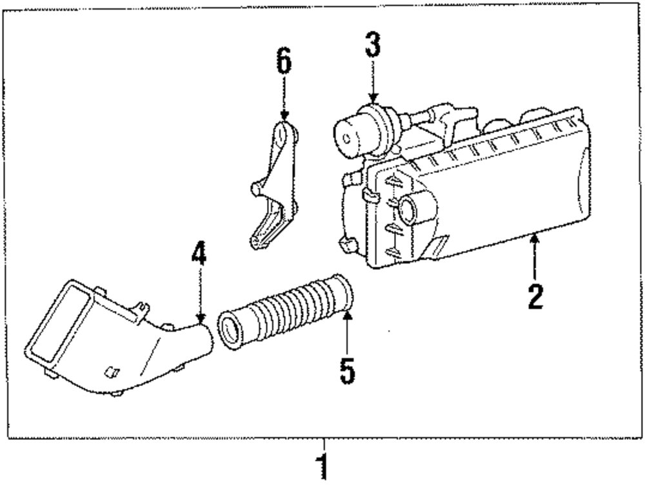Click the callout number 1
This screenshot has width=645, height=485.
click(x=323, y=467)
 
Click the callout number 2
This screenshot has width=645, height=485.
click(x=535, y=296)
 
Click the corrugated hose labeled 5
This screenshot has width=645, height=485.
click(x=290, y=309)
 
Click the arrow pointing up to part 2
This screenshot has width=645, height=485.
click(x=535, y=258)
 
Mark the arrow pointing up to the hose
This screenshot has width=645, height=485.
click(x=348, y=332)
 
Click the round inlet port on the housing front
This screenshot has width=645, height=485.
click(x=409, y=208)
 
